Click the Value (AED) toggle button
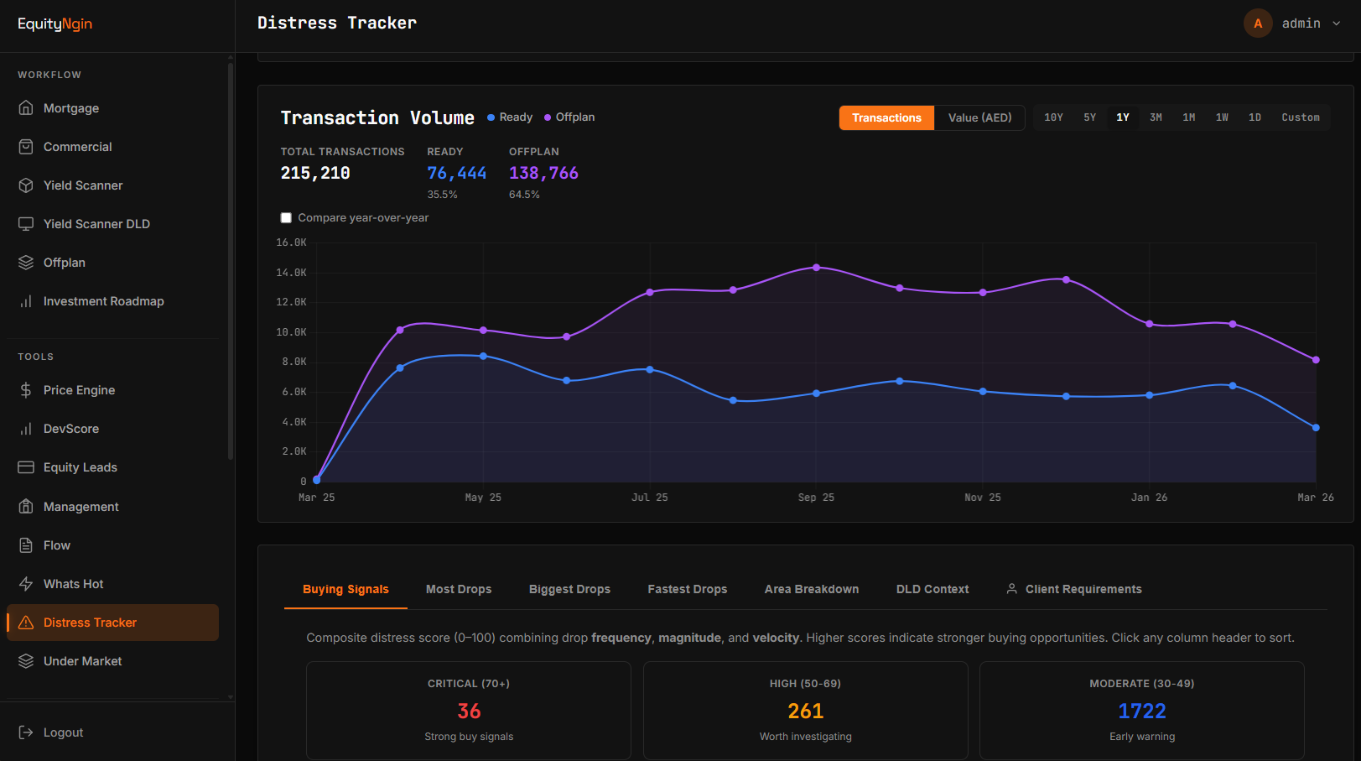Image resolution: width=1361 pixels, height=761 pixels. [979, 117]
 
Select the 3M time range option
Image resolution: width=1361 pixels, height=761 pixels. [1156, 117]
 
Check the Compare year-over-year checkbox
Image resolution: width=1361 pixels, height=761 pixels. [286, 218]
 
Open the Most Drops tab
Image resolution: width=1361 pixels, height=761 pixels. [459, 589]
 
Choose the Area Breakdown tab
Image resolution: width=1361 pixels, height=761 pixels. [811, 589]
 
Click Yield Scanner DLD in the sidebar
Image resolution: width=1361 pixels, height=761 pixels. [96, 224]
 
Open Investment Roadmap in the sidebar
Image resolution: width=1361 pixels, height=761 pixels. [103, 301]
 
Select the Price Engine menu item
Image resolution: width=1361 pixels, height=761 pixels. [79, 390]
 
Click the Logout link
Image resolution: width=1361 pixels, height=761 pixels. [63, 732]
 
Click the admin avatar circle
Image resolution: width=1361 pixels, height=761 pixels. [1258, 23]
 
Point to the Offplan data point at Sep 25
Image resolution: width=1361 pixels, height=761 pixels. [817, 268]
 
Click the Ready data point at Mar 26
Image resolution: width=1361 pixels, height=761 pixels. [1316, 428]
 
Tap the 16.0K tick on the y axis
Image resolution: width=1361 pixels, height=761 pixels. [291, 242]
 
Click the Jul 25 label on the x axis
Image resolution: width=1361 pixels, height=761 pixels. [649, 498]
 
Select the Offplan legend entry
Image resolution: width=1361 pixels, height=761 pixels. [569, 117]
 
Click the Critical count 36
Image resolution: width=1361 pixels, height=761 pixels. [469, 711]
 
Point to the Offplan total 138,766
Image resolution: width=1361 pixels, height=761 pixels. [543, 173]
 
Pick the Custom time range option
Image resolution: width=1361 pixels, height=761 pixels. [1300, 117]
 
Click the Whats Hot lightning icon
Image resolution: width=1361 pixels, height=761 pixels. [26, 584]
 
